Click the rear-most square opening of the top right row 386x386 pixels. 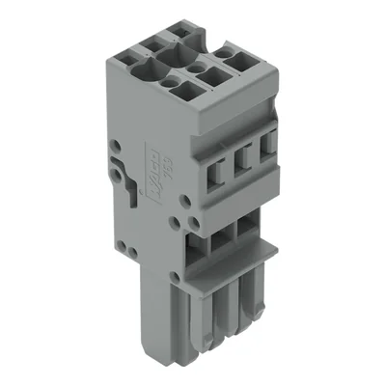[229, 53]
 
